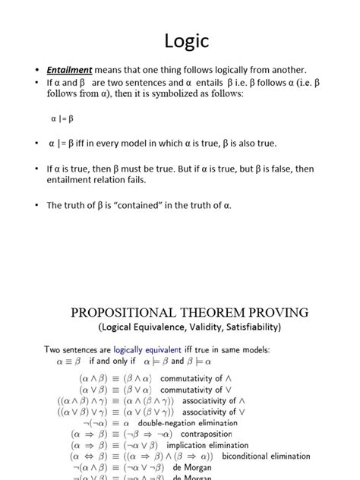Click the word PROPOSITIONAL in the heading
pos(122,312)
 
